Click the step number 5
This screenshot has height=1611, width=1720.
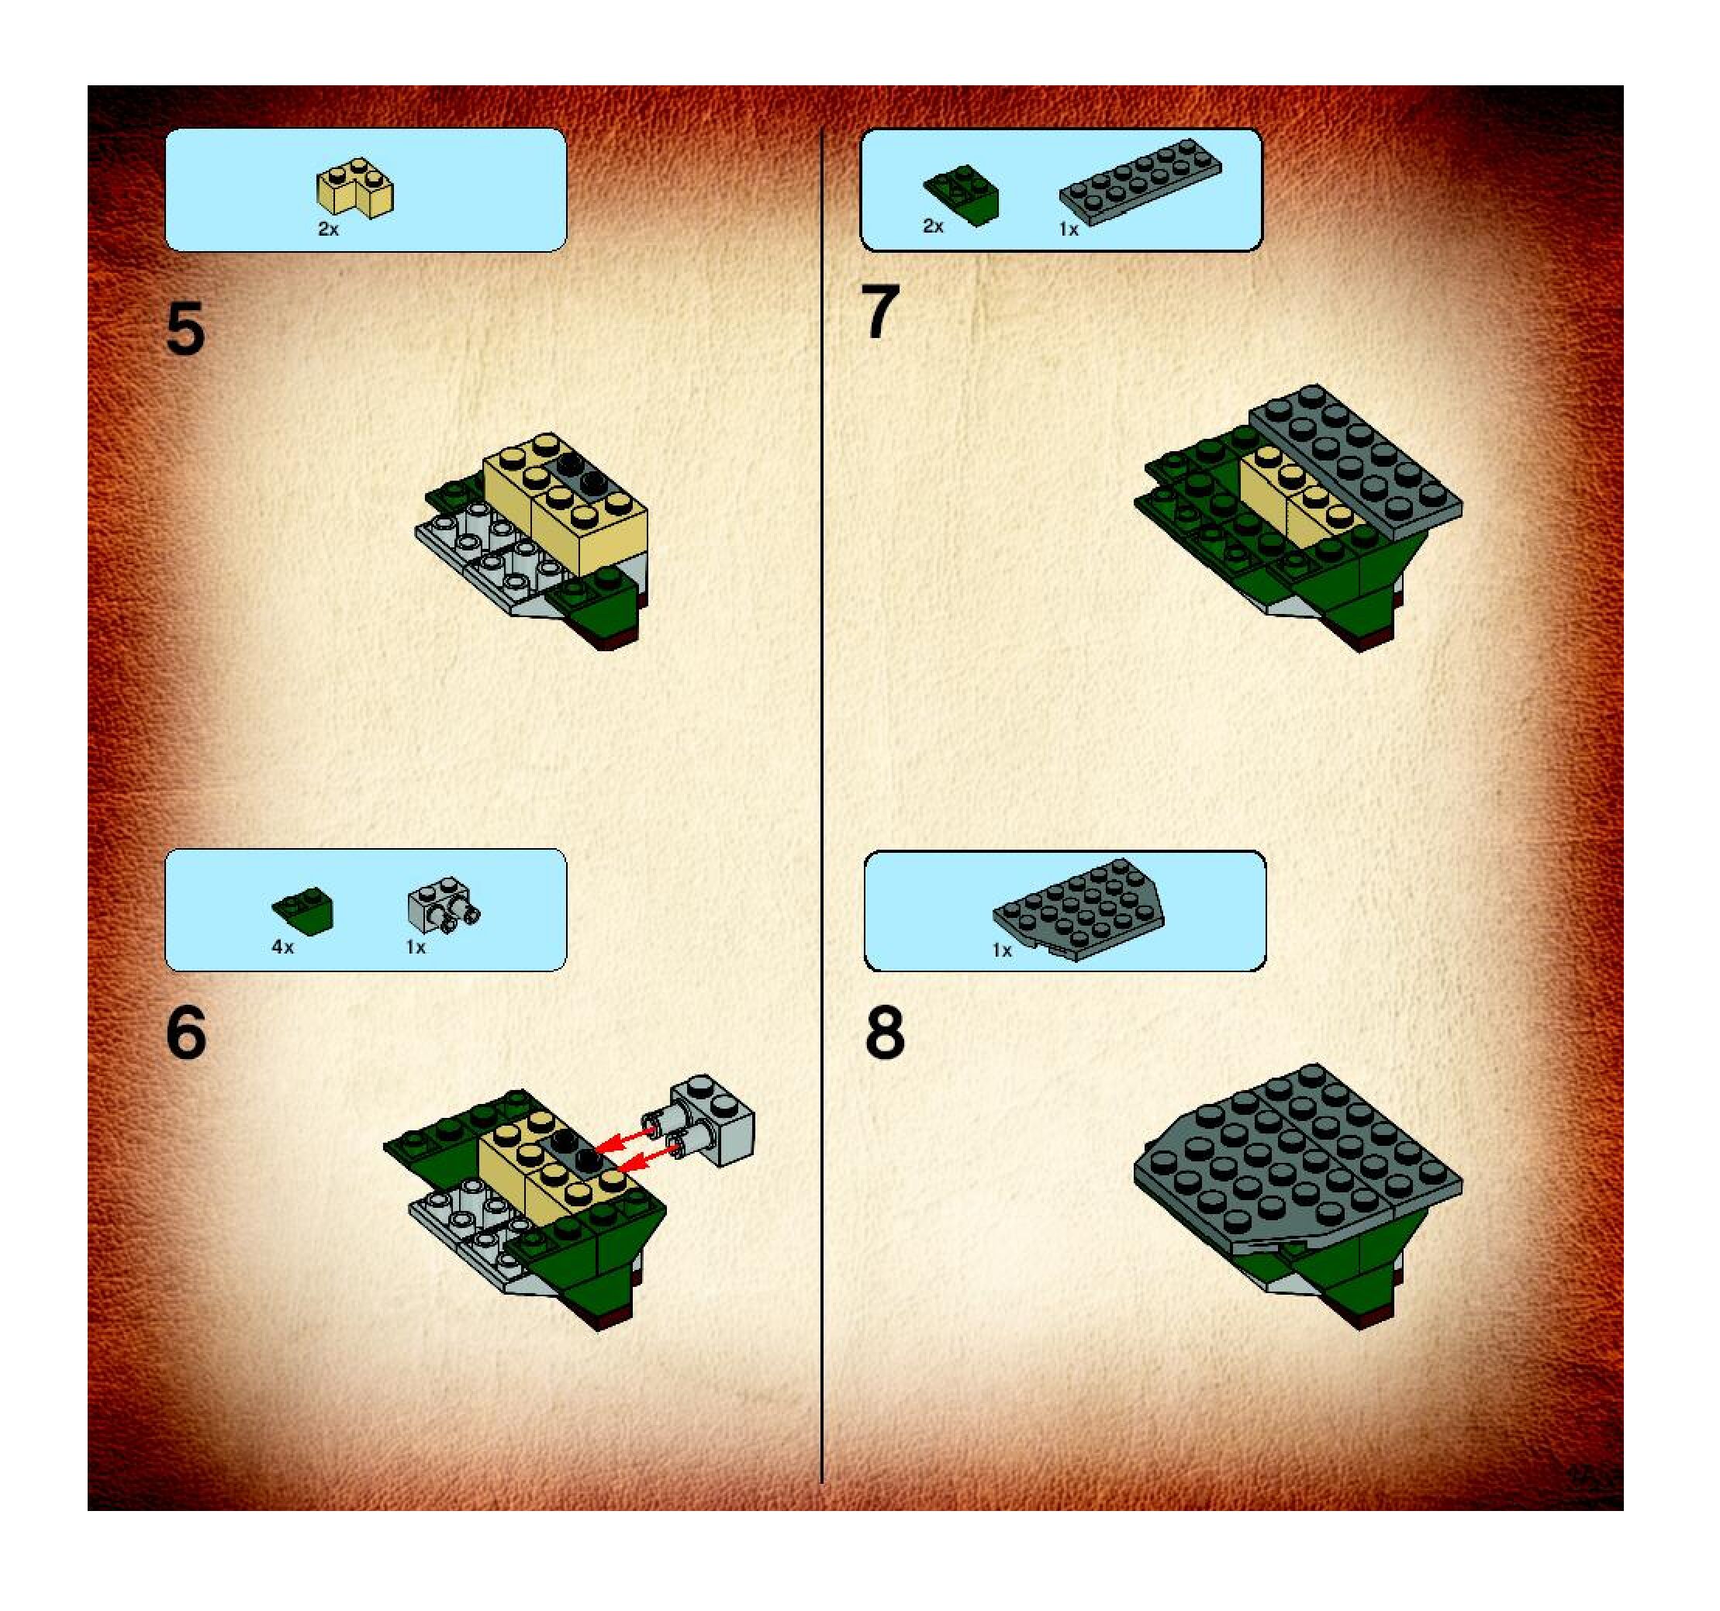coord(185,329)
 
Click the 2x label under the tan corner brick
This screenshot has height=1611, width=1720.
coord(328,230)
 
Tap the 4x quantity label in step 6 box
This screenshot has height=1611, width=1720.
coord(282,947)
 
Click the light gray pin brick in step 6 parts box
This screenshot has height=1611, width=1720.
coord(444,905)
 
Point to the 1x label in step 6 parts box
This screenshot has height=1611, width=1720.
coord(416,947)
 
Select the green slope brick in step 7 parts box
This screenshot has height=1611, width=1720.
coord(962,195)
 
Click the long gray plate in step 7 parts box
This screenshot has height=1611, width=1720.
coord(1140,182)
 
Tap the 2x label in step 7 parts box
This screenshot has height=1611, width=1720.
coord(933,226)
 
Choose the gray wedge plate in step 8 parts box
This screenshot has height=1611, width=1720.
coord(1079,909)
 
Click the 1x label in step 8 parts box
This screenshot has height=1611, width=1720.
coord(1001,950)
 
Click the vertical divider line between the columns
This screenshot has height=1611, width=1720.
coord(822,806)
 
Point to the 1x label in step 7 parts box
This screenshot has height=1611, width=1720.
coord(1069,230)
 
